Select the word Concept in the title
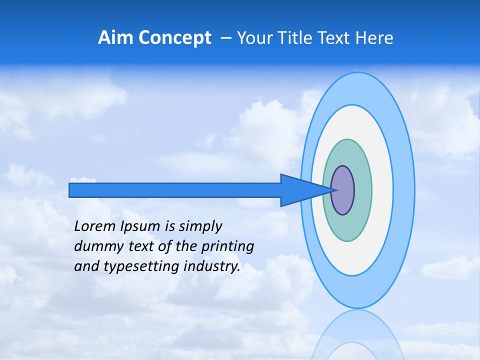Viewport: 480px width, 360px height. (175, 38)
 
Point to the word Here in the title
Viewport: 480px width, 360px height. (374, 38)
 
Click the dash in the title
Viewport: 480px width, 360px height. (225, 38)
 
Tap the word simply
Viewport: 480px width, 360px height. (200, 227)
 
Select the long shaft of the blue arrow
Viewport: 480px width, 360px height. (175, 190)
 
